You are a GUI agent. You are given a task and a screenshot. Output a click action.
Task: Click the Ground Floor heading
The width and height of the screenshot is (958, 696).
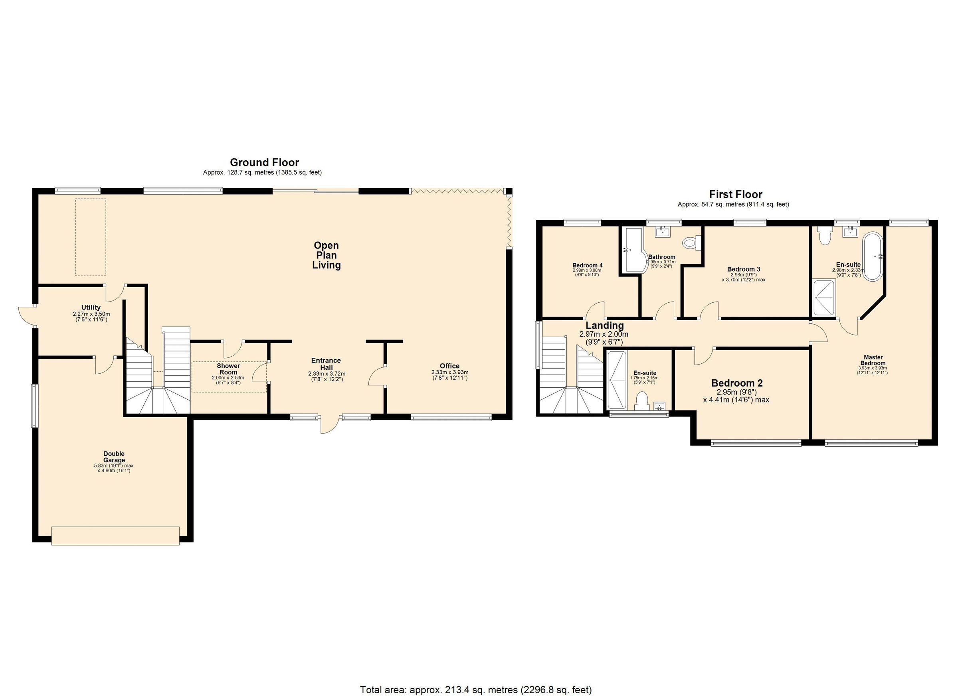pos(264,162)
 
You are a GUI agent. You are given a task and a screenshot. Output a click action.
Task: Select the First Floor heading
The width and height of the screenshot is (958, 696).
pos(735,194)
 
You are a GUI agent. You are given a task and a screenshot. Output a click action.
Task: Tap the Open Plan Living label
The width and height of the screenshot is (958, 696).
pos(326,255)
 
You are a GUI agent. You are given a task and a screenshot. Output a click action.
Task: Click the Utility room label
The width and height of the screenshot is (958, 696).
pos(91,307)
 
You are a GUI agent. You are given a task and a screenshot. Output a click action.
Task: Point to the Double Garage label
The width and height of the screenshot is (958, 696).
pos(114,457)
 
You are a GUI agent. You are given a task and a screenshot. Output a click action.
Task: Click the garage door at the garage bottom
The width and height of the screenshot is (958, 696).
pos(115,536)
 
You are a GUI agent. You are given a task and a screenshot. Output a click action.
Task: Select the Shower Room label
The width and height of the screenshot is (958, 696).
pos(228,369)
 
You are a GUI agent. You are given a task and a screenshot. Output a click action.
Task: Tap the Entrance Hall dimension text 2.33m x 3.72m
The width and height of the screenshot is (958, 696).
pos(327,374)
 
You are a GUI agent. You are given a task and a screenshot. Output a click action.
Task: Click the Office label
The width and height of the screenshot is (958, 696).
pos(449,366)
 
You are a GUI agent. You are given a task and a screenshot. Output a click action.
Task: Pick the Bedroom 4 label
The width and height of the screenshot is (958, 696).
pos(587,265)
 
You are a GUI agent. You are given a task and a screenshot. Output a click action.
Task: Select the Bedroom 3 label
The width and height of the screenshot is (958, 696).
pos(743,269)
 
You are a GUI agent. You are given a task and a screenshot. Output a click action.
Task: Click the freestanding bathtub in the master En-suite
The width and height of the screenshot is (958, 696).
pos(872,256)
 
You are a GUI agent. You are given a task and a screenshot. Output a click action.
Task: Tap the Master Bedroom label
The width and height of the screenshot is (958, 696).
pos(873,360)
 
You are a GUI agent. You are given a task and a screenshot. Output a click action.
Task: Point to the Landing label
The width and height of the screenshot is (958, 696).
pos(604,325)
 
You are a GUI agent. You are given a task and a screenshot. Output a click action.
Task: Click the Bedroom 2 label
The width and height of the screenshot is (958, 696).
pos(737,383)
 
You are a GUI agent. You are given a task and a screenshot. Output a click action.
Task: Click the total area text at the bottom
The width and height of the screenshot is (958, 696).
pos(476,690)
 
